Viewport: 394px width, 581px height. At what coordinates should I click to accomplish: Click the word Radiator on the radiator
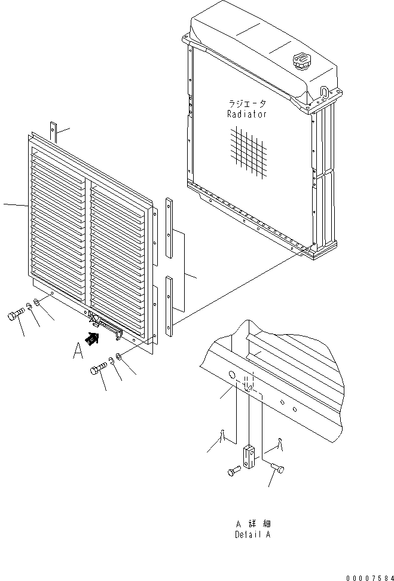pos(247,114)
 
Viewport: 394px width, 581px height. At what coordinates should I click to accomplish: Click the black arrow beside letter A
pos(93,338)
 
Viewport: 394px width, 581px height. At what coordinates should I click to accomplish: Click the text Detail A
pos(252,535)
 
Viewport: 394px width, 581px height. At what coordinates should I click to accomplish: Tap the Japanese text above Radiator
pos(248,103)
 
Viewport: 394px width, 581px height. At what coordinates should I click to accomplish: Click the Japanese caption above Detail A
pos(253,524)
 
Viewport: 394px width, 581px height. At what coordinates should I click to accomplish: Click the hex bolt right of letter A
pos(98,369)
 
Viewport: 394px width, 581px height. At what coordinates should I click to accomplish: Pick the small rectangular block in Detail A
pos(249,456)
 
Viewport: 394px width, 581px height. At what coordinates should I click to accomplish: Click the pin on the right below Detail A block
pos(277,468)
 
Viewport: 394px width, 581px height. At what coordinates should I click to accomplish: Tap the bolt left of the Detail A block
pos(233,472)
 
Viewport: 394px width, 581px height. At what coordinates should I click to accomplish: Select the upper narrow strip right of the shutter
pos(169,227)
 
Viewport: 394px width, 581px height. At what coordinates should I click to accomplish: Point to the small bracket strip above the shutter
pos(54,131)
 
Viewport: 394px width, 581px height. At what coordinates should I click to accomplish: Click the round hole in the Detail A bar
pos(231,375)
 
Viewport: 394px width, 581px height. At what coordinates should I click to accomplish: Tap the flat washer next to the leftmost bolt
pos(36,302)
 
